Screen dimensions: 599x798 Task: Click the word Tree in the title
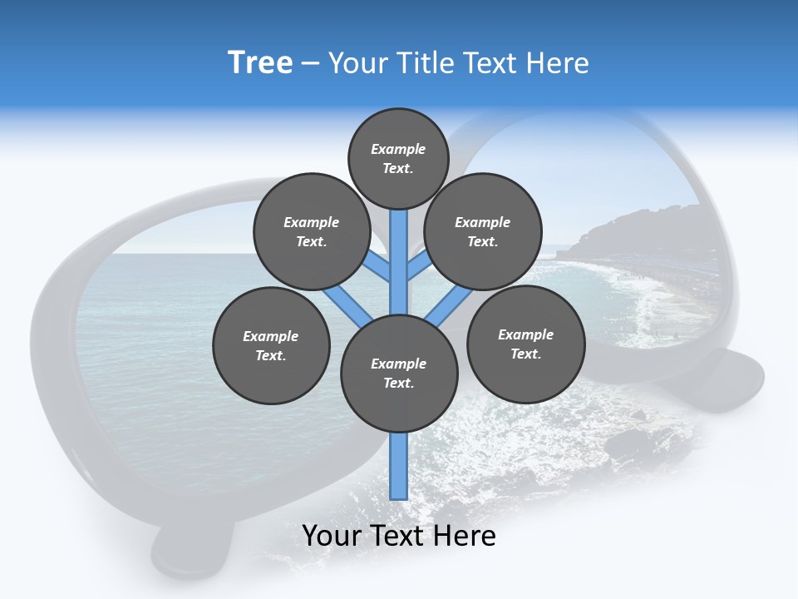pyautogui.click(x=260, y=63)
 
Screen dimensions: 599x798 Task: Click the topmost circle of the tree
pyautogui.click(x=398, y=158)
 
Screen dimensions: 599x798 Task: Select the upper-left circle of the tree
pyautogui.click(x=311, y=231)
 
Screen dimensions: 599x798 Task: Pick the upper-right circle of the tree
pyautogui.click(x=482, y=231)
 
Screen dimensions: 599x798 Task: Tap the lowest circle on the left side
pyautogui.click(x=270, y=345)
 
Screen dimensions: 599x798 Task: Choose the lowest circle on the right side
pyautogui.click(x=525, y=344)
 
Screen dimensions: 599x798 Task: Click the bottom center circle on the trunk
pyautogui.click(x=399, y=373)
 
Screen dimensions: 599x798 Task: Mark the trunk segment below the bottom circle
pyautogui.click(x=399, y=466)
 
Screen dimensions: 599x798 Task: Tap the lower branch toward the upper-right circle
pyautogui.click(x=445, y=305)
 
